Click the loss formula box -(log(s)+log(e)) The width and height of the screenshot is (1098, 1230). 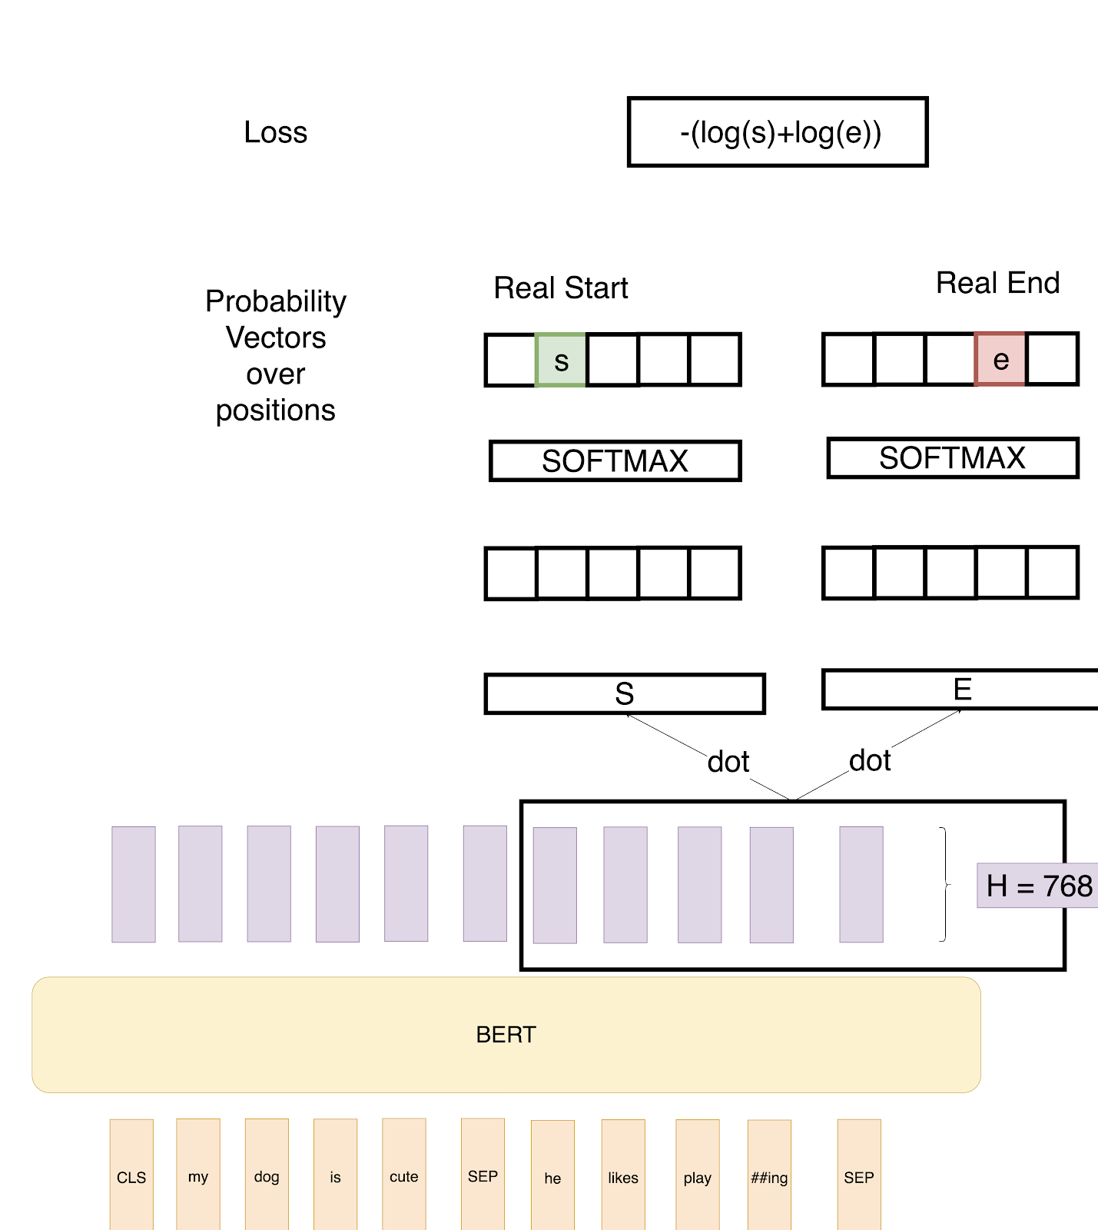pyautogui.click(x=778, y=132)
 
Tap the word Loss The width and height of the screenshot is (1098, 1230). pyautogui.click(x=275, y=132)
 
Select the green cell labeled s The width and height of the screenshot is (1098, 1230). pyautogui.click(x=561, y=360)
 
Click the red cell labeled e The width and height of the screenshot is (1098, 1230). pyautogui.click(x=1000, y=359)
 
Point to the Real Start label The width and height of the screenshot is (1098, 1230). pyautogui.click(x=560, y=288)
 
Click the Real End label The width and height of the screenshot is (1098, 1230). pyautogui.click(x=997, y=283)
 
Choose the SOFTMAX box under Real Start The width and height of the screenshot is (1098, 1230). pyautogui.click(x=615, y=461)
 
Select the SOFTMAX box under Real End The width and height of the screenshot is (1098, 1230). pyautogui.click(x=952, y=458)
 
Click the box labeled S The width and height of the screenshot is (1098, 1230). pyautogui.click(x=624, y=693)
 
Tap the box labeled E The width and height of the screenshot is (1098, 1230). pyautogui.click(x=961, y=690)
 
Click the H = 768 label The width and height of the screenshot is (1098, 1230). pyautogui.click(x=1038, y=886)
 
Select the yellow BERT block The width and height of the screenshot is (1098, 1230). pyautogui.click(x=506, y=1034)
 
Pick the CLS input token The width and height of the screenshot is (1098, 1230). pyautogui.click(x=131, y=1176)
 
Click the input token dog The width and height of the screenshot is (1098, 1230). pyautogui.click(x=267, y=1176)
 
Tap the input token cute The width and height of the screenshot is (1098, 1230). pyautogui.click(x=403, y=1176)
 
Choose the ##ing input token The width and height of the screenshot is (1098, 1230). pyautogui.click(x=769, y=1176)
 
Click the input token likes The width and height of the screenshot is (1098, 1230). pyautogui.click(x=623, y=1176)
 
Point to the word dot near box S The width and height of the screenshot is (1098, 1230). pyautogui.click(x=728, y=762)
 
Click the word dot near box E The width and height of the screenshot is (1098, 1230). pyautogui.click(x=869, y=760)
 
